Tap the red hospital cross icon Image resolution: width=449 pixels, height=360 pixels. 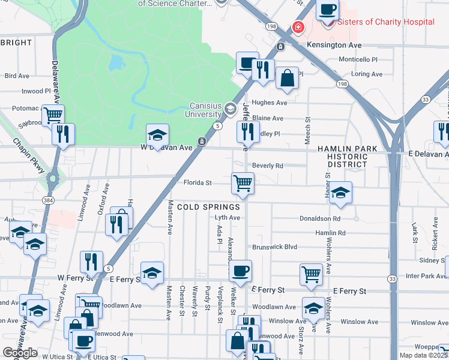[x=297, y=27]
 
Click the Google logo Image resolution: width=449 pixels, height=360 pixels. [x=20, y=353]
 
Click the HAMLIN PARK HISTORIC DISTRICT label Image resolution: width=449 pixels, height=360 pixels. [x=348, y=156]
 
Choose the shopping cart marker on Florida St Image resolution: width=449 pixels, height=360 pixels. [x=243, y=182]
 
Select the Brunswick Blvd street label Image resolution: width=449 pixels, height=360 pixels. [x=275, y=247]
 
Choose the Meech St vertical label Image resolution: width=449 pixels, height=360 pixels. [x=307, y=128]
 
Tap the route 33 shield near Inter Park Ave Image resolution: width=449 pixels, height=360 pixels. [x=392, y=279]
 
